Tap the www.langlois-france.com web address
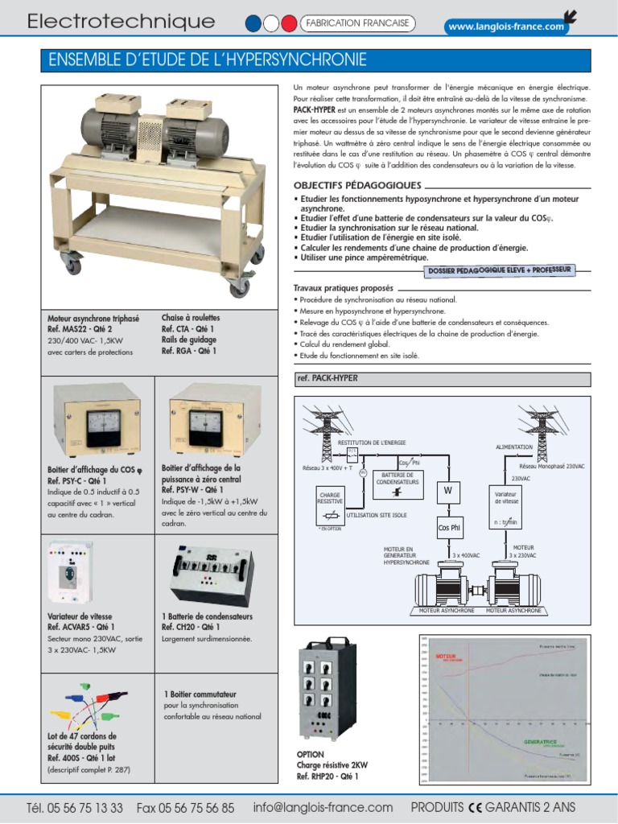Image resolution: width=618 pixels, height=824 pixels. pos(506,27)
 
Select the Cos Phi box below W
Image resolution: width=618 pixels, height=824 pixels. pos(449,528)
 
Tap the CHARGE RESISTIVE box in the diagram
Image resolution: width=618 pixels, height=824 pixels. pos(331,497)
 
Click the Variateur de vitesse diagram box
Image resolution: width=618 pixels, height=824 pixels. pos(505,497)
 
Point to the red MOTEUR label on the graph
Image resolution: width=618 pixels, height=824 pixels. pos(446,657)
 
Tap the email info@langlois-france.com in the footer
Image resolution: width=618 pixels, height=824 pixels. pos(323,807)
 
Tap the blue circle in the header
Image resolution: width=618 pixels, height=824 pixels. pos(253,23)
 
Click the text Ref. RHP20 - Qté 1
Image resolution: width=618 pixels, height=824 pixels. pos(328,777)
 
